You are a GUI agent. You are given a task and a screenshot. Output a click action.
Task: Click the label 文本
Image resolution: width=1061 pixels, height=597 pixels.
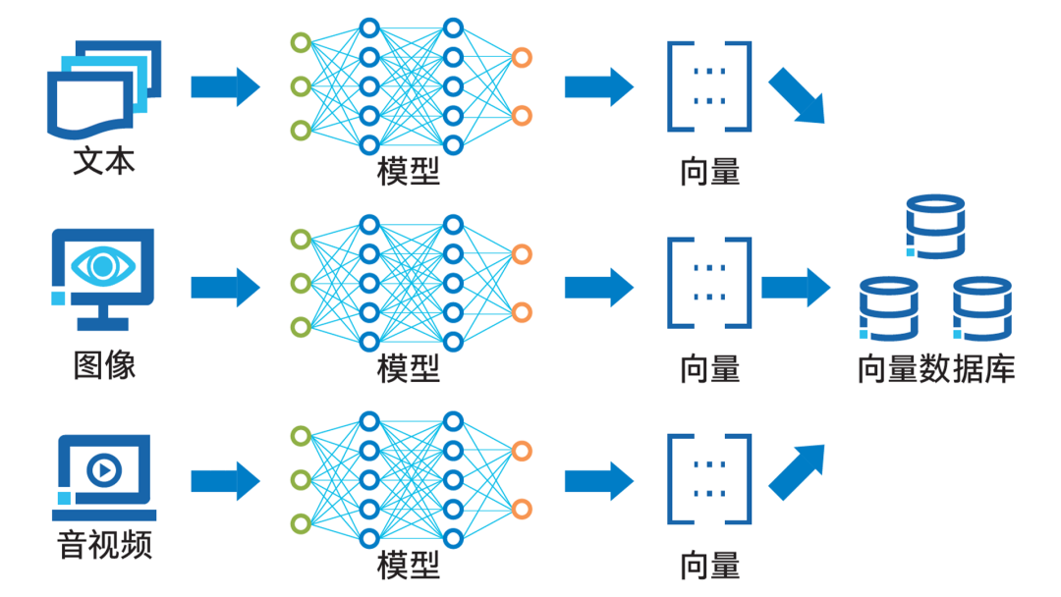tap(103, 161)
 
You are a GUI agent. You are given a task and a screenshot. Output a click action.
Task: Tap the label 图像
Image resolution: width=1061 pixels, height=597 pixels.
tap(103, 365)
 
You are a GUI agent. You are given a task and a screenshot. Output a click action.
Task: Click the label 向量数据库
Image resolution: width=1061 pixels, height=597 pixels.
tap(935, 369)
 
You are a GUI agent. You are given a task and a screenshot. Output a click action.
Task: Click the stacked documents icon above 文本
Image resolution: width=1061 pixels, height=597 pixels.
tap(104, 89)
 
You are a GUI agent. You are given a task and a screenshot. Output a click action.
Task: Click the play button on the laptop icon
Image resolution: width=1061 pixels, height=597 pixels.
tap(103, 470)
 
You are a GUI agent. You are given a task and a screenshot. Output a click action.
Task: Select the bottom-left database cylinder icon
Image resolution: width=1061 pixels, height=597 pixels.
tap(888, 308)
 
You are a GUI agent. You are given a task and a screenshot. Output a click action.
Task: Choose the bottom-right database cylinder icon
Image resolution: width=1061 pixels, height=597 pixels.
tap(981, 308)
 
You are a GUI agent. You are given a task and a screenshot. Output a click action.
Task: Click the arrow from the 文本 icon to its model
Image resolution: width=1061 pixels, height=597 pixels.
tap(225, 86)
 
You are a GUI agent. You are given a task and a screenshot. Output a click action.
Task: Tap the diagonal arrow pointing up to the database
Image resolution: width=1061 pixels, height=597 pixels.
tap(797, 470)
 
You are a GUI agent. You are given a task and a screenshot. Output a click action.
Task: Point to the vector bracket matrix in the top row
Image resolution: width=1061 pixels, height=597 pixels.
tap(709, 86)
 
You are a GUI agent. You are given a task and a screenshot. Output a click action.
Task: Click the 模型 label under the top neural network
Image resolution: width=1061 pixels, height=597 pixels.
tap(409, 172)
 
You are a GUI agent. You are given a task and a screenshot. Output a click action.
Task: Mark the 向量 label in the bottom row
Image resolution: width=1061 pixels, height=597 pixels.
tap(709, 566)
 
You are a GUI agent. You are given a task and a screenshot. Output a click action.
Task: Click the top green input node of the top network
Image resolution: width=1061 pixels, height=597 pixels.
tap(301, 42)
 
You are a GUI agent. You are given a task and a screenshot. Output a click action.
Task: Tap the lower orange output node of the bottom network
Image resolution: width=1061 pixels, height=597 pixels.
tap(522, 509)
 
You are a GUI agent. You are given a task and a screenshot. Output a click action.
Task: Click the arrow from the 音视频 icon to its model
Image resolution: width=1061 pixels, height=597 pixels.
tap(225, 481)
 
